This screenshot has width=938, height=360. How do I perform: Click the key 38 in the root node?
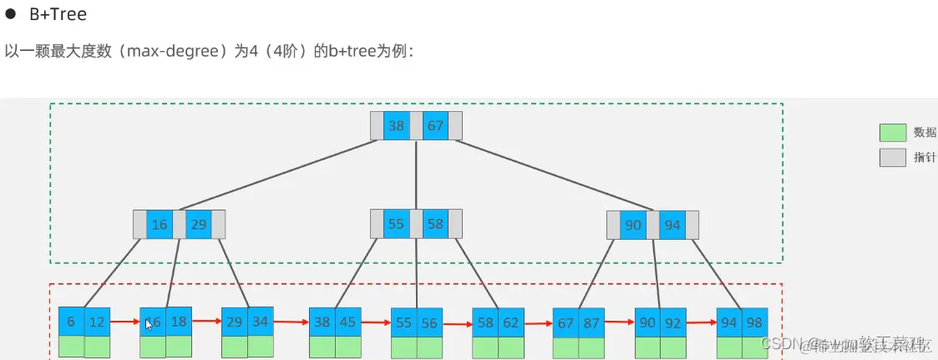coord(396,126)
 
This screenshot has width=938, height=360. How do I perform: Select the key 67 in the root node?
coord(435,126)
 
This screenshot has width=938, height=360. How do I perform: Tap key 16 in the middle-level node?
coord(159,224)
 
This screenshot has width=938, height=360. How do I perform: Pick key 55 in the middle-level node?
coord(396,224)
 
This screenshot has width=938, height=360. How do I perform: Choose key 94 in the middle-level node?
coord(672,226)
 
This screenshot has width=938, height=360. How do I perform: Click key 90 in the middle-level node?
coord(633,226)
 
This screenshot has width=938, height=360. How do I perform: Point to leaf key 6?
coord(71,322)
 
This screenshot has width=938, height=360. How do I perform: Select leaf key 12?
coord(97,322)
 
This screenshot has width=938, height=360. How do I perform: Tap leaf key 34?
coord(260,322)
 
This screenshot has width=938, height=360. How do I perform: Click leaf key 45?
coord(347,322)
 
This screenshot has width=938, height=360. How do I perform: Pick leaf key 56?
coord(429,322)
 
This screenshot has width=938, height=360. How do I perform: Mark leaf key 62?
coord(511,322)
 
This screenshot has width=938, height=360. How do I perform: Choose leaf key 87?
coord(591,322)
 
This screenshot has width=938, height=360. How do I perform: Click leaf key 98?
coord(755,322)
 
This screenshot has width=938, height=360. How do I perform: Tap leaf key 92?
coord(673,322)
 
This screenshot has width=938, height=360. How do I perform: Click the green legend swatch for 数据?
coord(893,133)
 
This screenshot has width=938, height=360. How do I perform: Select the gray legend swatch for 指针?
coord(893,158)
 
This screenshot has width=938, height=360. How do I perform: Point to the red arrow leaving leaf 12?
coord(124,321)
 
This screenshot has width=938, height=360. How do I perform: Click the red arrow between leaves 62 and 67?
coord(538,322)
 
